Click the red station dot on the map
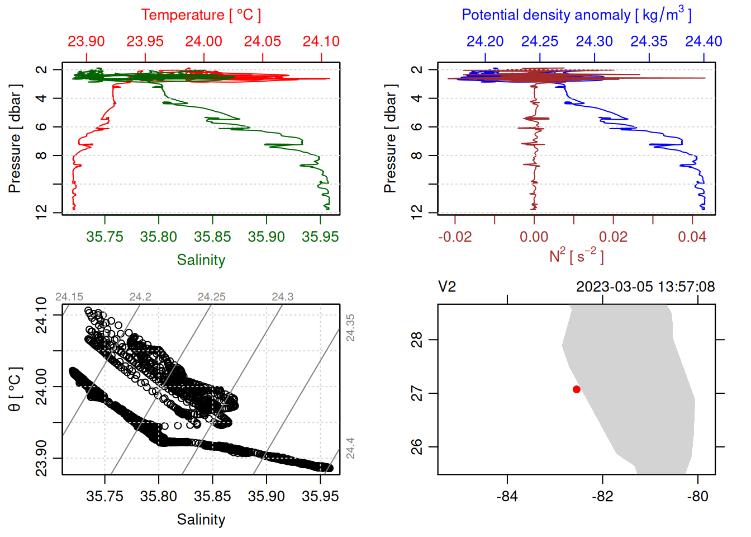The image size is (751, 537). [576, 389]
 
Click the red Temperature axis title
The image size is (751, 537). [201, 15]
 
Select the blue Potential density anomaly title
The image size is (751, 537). [576, 15]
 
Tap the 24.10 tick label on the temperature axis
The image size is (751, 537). [321, 41]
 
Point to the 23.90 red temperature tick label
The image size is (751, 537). [86, 41]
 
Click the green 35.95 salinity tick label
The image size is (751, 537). [320, 237]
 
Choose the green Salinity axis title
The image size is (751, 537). [201, 260]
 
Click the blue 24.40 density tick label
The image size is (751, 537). [704, 41]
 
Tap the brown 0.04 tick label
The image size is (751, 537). [692, 237]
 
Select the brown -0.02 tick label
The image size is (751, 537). [454, 237]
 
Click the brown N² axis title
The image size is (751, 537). [576, 256]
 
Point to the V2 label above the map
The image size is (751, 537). [447, 287]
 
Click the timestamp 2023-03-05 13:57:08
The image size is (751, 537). [645, 287]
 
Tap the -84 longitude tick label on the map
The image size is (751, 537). [507, 496]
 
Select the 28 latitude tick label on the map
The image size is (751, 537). [417, 340]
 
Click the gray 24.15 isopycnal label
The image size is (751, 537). [69, 297]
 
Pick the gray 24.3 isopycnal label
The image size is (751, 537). [282, 297]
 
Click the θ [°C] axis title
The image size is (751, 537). [15, 389]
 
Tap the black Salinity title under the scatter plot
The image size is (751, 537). [201, 520]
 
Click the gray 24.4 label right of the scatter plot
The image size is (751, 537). [350, 449]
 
